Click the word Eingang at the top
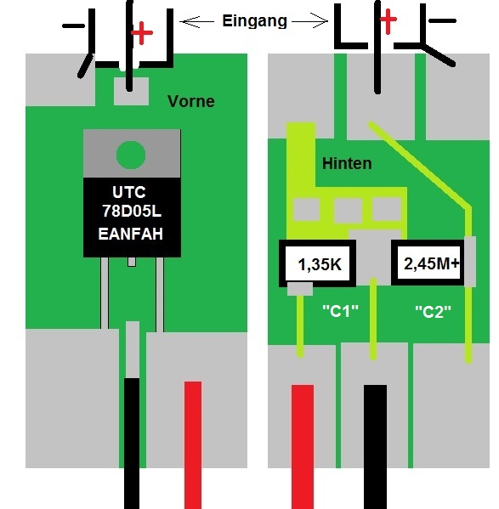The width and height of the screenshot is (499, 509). point(255,21)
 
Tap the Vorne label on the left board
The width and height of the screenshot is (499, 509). point(191,101)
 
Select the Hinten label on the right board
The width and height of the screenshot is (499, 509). point(347,163)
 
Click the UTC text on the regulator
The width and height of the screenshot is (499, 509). point(129,192)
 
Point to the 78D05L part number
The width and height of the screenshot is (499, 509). point(132,211)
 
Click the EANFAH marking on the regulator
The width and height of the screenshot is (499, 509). point(131,234)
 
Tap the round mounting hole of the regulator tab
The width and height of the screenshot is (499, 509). point(131,155)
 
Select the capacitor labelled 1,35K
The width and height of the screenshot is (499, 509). point(318,263)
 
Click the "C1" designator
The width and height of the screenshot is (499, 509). point(340,311)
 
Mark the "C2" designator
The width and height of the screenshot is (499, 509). point(433,312)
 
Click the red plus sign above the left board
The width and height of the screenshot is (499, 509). point(142,33)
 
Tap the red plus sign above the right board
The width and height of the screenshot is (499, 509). point(388,20)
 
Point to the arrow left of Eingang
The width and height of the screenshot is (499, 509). point(197,22)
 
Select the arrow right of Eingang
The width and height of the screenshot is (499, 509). point(310,21)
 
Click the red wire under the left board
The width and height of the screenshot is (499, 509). point(193,445)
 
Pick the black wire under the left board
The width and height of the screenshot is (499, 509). point(132,444)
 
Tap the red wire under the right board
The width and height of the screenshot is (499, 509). point(303,447)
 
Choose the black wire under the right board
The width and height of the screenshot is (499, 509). point(375,447)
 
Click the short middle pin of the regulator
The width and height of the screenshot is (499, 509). point(132,262)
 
